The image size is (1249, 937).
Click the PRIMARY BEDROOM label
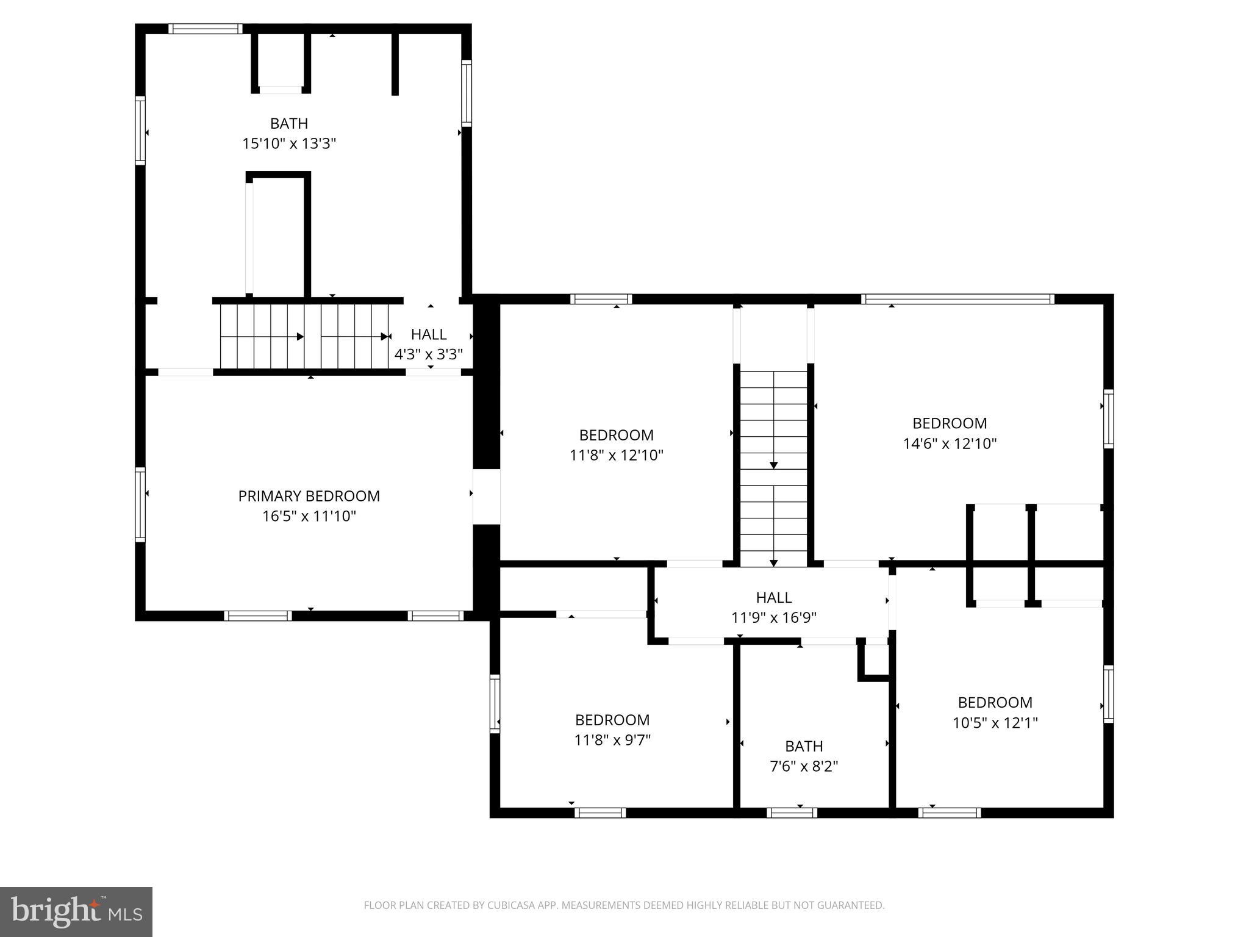point(309,496)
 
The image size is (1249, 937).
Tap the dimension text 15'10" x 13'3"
point(289,144)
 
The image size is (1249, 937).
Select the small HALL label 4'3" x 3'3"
point(428,345)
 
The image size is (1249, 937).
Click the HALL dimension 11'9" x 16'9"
point(773,618)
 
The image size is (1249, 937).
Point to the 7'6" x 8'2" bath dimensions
point(804,766)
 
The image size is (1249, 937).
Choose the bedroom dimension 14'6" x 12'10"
point(950,443)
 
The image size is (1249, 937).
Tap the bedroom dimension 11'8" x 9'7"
point(612,740)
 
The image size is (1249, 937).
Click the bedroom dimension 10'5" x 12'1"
point(995,723)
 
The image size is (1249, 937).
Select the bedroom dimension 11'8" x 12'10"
point(616,455)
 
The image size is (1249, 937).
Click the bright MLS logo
point(76,911)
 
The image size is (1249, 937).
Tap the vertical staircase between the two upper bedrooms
point(773,467)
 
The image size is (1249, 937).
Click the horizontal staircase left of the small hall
point(304,336)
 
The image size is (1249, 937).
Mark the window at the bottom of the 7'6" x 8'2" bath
point(792,813)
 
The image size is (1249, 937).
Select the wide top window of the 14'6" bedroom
point(957,299)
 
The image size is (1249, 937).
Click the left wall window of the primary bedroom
point(140,504)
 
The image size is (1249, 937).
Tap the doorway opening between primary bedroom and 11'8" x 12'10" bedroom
point(486,497)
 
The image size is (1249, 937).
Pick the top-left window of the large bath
point(205,29)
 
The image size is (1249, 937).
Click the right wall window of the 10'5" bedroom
point(1108,694)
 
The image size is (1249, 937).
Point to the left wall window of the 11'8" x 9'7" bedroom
point(495,703)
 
